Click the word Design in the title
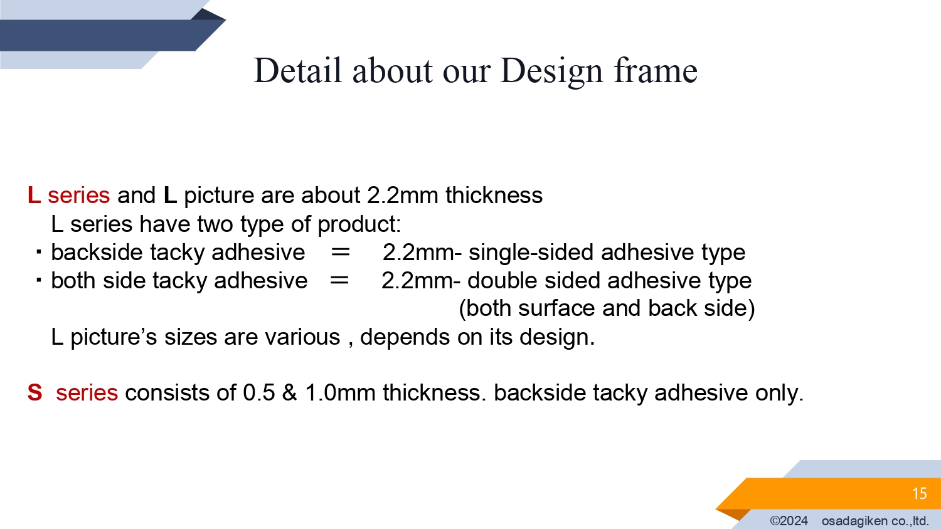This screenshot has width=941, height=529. [552, 71]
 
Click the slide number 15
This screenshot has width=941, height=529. [919, 493]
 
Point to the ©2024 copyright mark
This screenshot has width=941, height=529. [789, 521]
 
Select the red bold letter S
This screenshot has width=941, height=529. [35, 393]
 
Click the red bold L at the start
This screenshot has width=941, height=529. [34, 195]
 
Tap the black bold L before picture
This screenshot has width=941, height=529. [170, 195]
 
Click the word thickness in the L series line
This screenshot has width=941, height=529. [494, 195]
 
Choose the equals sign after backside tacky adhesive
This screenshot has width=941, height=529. [340, 253]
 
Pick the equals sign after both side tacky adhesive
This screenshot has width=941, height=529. [339, 280]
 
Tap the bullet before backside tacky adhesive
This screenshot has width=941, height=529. [39, 252]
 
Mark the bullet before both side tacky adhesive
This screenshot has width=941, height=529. [39, 280]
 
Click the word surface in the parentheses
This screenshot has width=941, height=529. [556, 308]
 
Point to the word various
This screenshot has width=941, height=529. [302, 337]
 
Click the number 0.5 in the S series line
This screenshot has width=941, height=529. [258, 393]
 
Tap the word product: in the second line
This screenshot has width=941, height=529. [359, 224]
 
